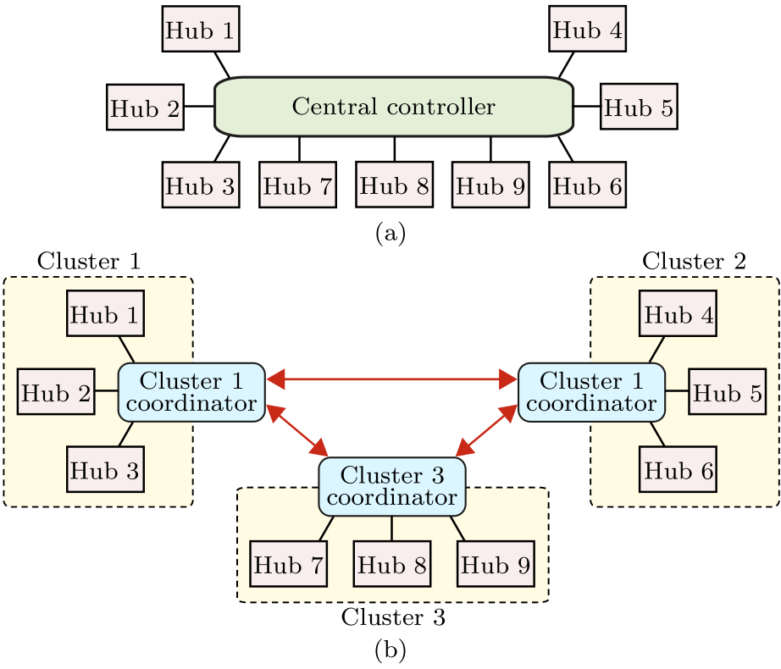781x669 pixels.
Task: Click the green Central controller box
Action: click(x=394, y=108)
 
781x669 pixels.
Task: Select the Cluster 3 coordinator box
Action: click(x=391, y=487)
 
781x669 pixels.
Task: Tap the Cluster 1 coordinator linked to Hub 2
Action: click(x=191, y=392)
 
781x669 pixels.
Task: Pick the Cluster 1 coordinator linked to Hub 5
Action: click(x=590, y=392)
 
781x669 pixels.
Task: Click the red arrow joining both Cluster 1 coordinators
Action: click(x=391, y=379)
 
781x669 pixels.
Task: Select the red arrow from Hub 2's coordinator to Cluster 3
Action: click(x=297, y=431)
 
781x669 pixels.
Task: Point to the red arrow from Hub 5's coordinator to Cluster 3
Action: click(x=486, y=431)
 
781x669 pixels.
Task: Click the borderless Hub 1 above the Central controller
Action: click(x=200, y=30)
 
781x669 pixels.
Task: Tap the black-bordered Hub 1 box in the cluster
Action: click(x=105, y=314)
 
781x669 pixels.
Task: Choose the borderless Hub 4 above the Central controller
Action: click(x=587, y=30)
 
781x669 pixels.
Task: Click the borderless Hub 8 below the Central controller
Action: click(x=394, y=185)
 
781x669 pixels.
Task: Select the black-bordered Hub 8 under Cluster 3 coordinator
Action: click(x=392, y=564)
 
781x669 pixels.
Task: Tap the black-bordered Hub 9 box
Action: click(x=496, y=564)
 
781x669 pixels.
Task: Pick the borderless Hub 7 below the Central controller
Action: click(x=297, y=186)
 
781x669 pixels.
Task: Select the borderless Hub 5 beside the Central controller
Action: click(x=639, y=108)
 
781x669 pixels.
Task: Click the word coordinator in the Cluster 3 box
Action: click(x=391, y=498)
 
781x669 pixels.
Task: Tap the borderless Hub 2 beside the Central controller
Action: click(x=145, y=108)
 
